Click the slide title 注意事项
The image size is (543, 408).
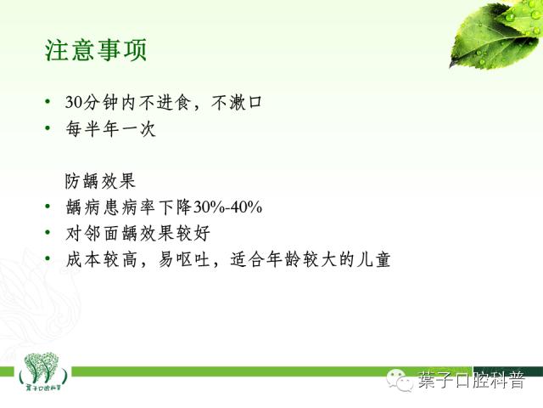[x=96, y=48]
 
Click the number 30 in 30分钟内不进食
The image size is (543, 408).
[x=74, y=103]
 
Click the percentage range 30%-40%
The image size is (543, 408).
[x=228, y=207]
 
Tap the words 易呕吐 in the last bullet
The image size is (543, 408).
[x=180, y=259]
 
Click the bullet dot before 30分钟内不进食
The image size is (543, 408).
[x=48, y=103]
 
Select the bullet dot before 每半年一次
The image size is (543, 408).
[x=48, y=130]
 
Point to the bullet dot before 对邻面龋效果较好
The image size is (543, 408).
[x=48, y=233]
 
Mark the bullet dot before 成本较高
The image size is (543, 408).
[x=48, y=259]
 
